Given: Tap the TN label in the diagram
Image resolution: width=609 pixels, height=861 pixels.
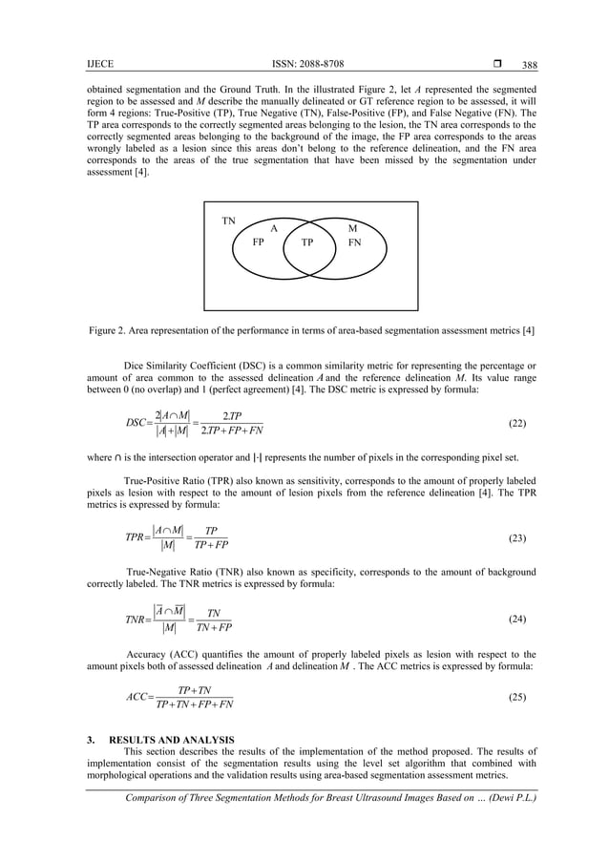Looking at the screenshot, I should pos(228,220).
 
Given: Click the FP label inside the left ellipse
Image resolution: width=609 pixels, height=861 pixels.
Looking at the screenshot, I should pos(258,242).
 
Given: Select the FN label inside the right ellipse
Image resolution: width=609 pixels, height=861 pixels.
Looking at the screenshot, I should pos(354,242).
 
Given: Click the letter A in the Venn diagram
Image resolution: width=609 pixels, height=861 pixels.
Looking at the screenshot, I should pos(274,229).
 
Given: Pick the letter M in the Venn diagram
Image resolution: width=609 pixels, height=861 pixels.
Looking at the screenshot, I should pos(352,229).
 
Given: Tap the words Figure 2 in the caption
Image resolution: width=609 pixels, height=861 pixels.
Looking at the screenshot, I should pos(109,330).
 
